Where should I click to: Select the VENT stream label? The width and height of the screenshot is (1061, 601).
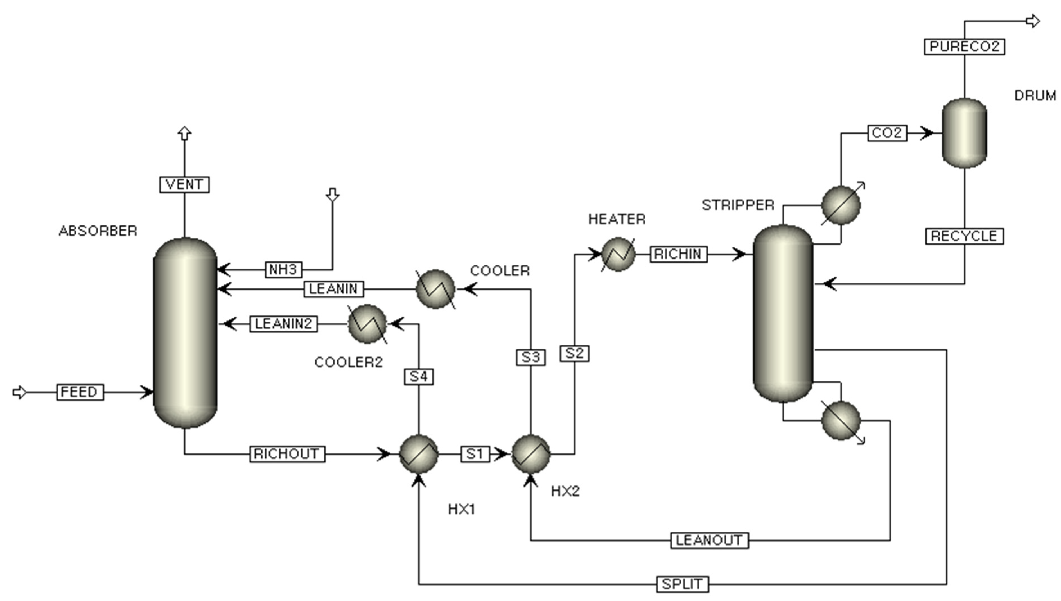(184, 184)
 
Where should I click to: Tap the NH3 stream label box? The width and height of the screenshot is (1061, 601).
(283, 270)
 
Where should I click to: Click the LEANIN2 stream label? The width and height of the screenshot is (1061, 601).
(283, 324)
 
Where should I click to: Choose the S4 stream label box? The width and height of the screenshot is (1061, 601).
(418, 376)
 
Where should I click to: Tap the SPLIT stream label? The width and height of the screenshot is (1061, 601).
(682, 584)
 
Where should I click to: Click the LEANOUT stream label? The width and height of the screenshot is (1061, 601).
(709, 540)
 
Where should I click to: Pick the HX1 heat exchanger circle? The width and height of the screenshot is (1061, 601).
(418, 454)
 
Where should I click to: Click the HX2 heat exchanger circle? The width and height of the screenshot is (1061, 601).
(531, 454)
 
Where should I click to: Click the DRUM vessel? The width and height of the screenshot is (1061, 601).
(965, 133)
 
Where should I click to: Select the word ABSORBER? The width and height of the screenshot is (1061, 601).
(98, 231)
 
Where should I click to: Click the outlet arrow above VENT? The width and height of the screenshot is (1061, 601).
(184, 133)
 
